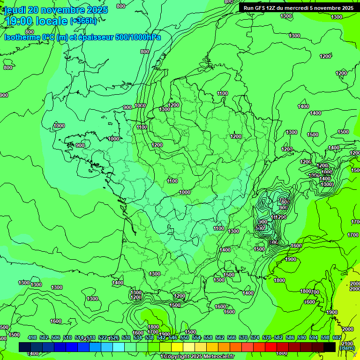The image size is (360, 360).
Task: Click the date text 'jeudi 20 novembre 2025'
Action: (56, 10)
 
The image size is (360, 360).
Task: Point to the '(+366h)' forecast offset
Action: (83, 21)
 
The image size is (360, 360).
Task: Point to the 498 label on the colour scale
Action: (32, 337)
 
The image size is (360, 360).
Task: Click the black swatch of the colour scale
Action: (330, 347)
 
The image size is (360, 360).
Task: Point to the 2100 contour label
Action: (347, 343)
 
